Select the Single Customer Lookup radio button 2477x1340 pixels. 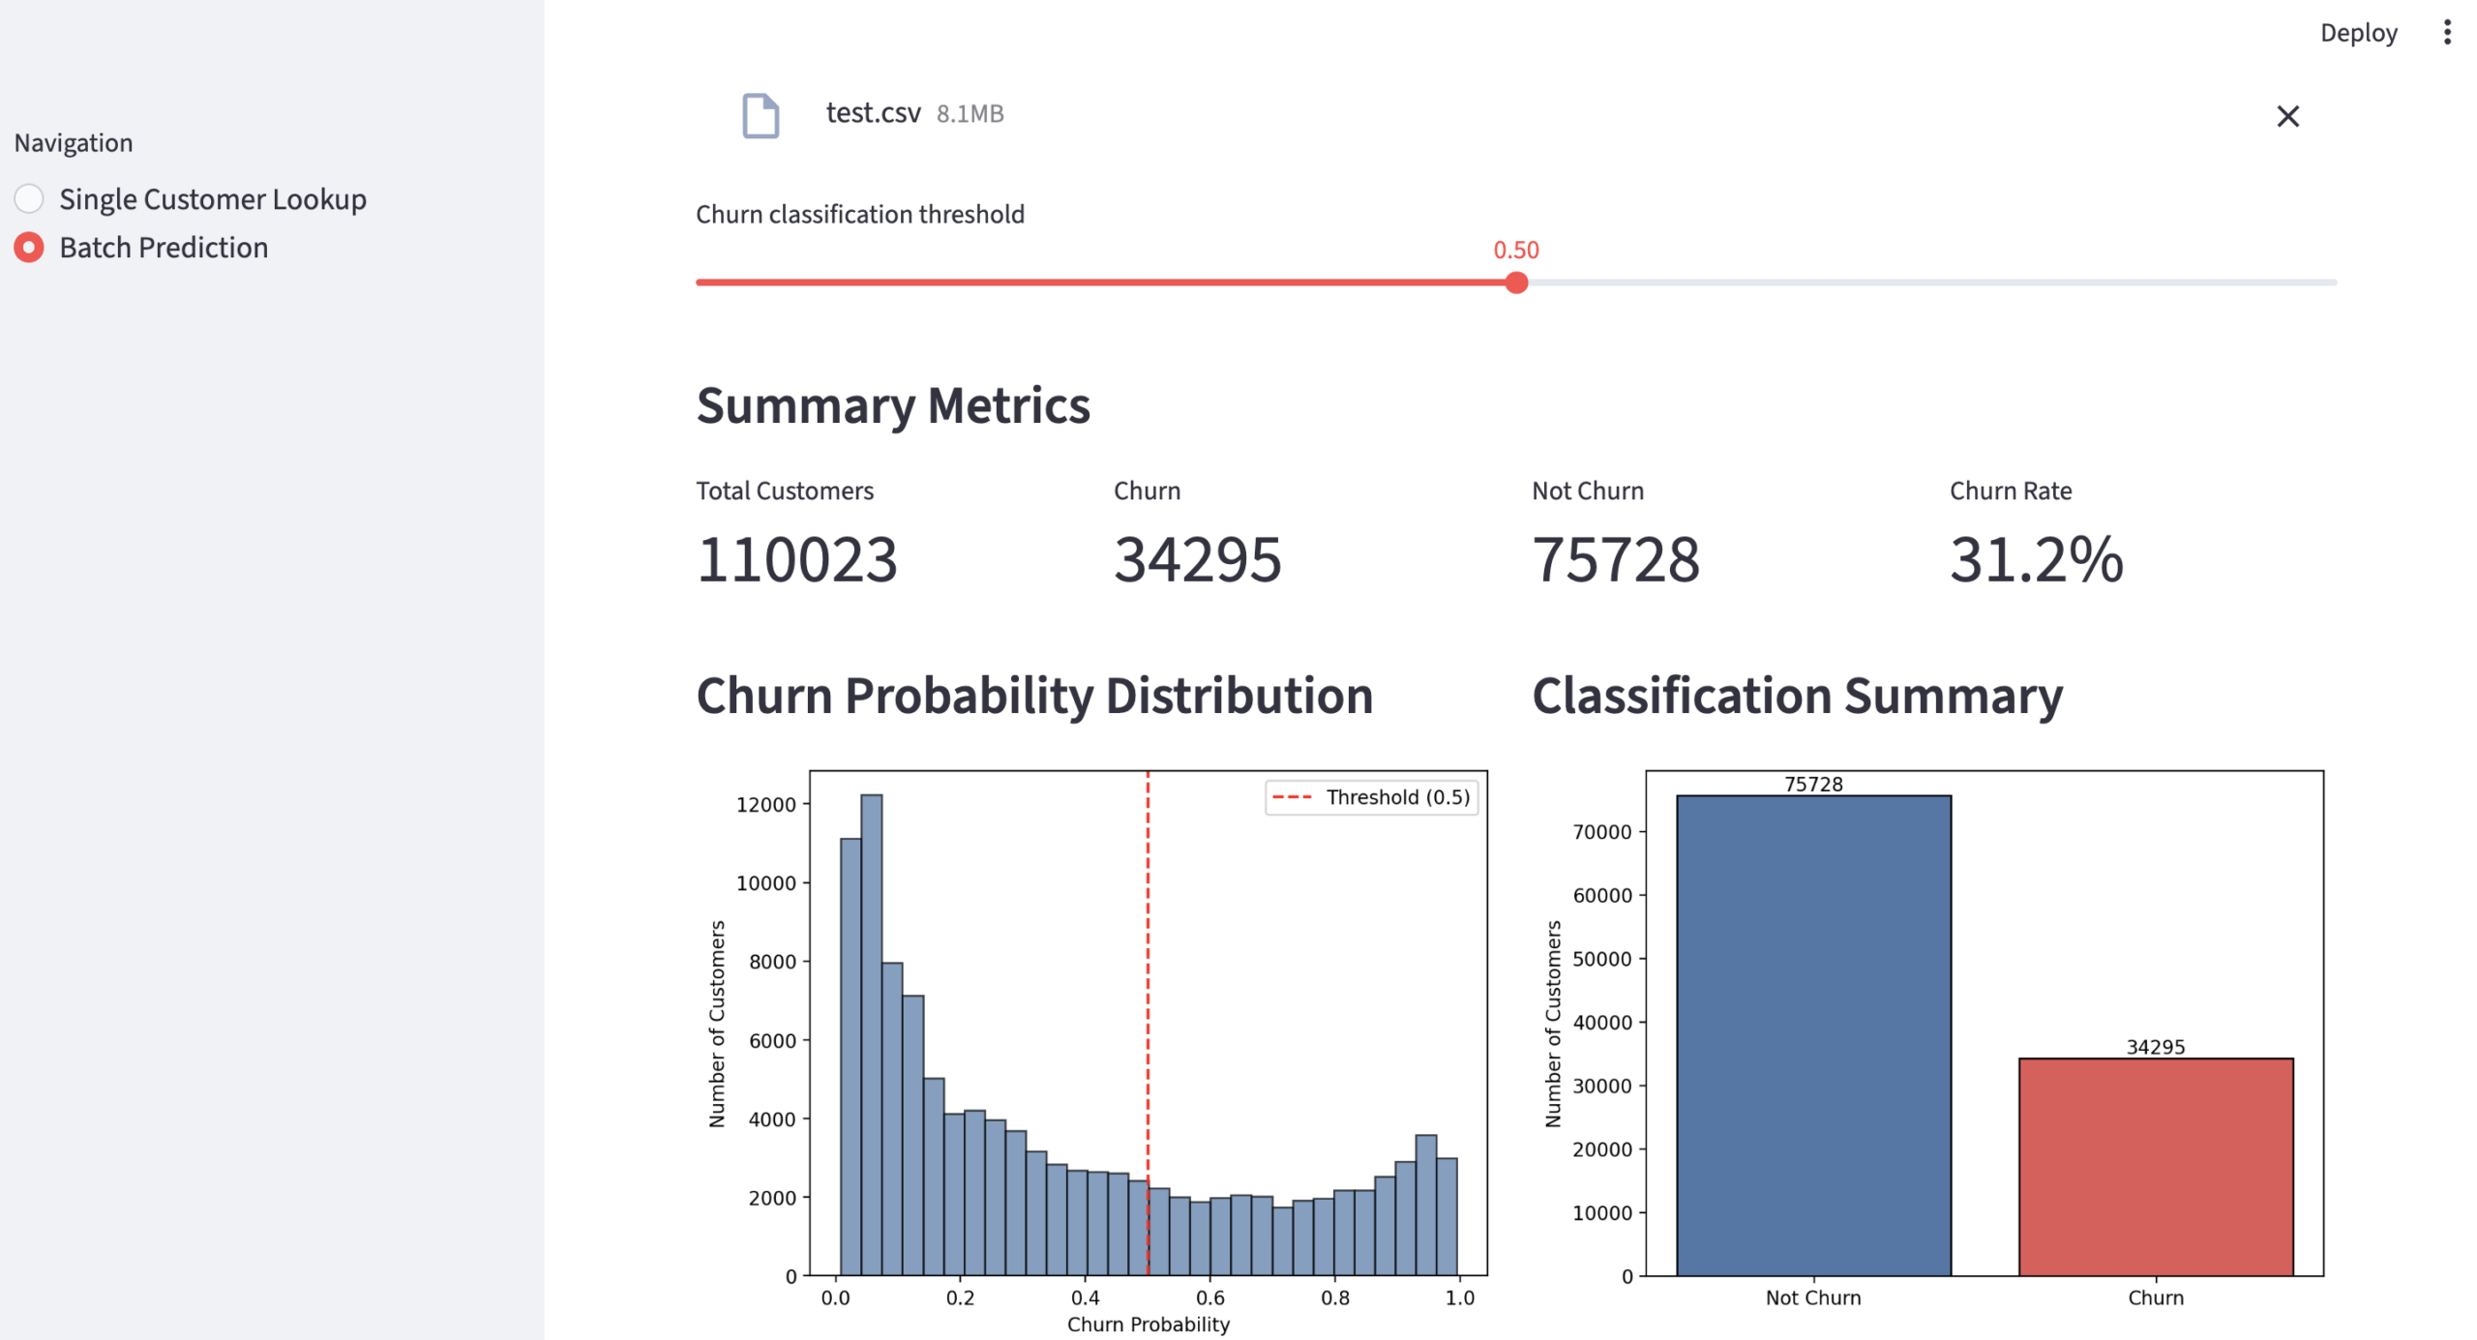coord(29,198)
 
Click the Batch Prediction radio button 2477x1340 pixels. coord(29,248)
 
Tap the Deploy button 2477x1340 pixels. coord(2357,33)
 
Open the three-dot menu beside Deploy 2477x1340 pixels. coord(2446,33)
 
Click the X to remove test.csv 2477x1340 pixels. coord(2286,116)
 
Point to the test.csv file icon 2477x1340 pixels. coord(760,115)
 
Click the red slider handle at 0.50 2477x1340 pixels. coord(1516,283)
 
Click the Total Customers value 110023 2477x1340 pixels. coord(796,559)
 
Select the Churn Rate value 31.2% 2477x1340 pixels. coord(2035,559)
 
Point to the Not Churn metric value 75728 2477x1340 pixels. coord(1615,559)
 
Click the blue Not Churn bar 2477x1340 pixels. coord(1812,1035)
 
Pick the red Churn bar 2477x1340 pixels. coord(2155,1166)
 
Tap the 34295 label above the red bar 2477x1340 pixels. coord(2155,1047)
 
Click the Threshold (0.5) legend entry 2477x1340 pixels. coord(1371,797)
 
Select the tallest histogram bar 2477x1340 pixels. coord(871,1035)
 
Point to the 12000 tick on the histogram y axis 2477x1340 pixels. coord(765,805)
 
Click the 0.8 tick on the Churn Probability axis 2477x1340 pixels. coord(1334,1297)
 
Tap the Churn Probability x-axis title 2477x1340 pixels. coord(1148,1324)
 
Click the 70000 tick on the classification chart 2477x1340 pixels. coord(1601,832)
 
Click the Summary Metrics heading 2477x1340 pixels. coord(892,405)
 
